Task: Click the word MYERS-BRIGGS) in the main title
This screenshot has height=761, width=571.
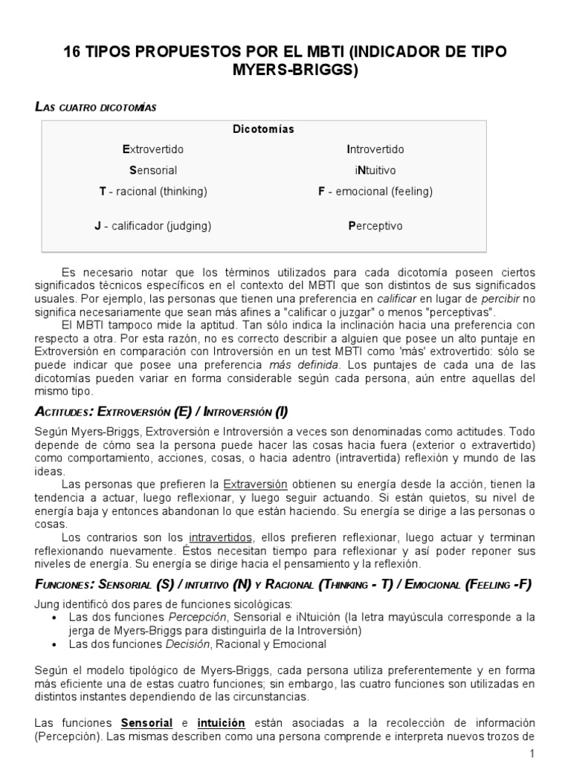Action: click(x=285, y=71)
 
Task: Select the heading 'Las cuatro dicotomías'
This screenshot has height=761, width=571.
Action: click(x=96, y=107)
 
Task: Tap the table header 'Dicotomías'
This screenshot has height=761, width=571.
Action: click(x=264, y=129)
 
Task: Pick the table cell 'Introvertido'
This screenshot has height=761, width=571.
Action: click(x=375, y=149)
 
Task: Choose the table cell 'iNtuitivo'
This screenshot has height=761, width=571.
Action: click(x=370, y=170)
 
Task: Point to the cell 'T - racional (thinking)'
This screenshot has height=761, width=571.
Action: click(x=153, y=191)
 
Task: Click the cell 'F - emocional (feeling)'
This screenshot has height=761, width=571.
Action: click(x=375, y=191)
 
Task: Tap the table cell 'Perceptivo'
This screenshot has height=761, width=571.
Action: click(x=375, y=225)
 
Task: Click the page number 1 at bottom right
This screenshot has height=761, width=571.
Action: click(x=532, y=754)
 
